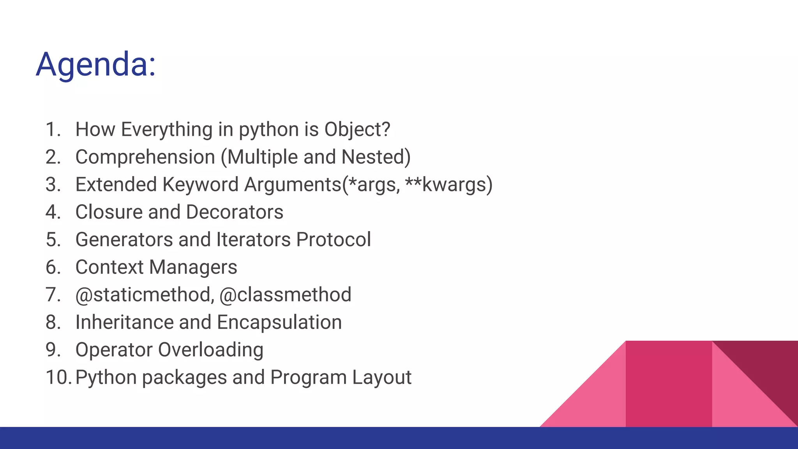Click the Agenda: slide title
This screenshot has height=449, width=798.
(x=96, y=64)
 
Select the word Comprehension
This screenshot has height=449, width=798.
(x=145, y=157)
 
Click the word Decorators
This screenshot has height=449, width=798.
(x=235, y=212)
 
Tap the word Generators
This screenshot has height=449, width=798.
(x=124, y=240)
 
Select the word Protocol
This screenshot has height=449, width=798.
(x=333, y=240)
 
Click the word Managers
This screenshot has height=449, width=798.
(x=193, y=267)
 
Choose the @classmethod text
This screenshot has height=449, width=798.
(x=285, y=295)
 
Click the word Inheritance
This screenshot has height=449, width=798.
(x=124, y=322)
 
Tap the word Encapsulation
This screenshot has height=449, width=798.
(x=279, y=322)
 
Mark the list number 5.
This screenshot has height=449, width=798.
(x=53, y=240)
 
